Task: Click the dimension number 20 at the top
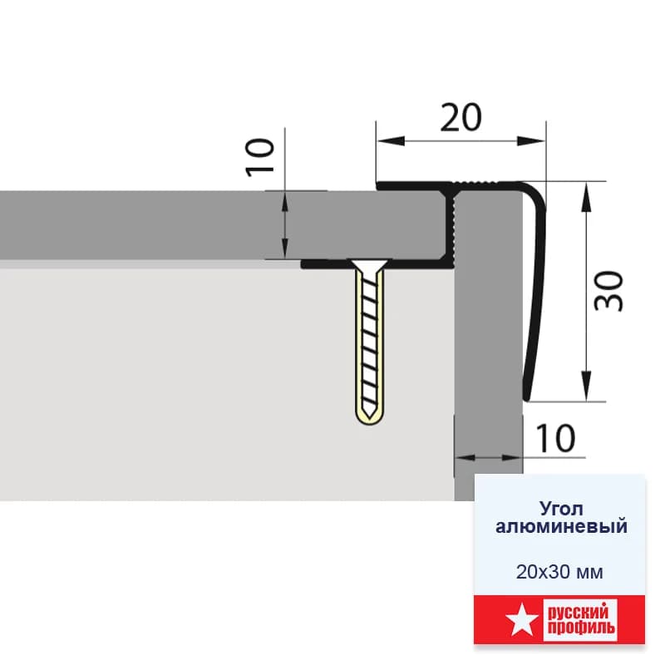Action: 461,117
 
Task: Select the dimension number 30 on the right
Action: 608,291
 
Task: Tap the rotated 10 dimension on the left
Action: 259,157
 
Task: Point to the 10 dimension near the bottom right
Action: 555,438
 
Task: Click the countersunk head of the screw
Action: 368,266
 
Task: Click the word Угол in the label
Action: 560,508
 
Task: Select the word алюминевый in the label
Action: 561,526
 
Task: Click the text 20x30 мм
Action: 559,572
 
